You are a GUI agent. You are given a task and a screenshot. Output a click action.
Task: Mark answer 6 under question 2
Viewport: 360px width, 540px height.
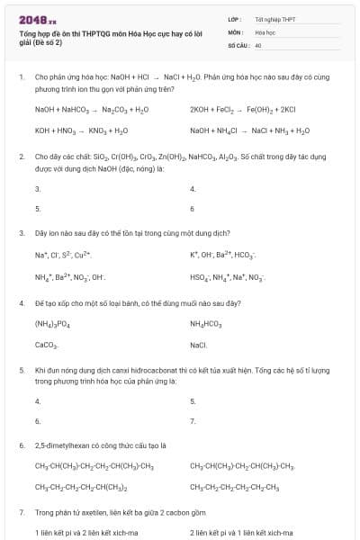(193, 209)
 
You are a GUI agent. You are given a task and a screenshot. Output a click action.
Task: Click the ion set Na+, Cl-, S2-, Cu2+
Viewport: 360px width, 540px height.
(58, 255)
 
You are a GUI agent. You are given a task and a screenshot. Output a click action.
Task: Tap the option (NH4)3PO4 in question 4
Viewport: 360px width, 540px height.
(52, 323)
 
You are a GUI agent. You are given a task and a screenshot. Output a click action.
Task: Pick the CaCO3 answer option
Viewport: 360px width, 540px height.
(47, 345)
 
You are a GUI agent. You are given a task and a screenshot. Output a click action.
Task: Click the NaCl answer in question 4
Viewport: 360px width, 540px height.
(199, 345)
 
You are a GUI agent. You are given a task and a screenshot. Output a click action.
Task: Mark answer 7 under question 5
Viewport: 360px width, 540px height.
(193, 420)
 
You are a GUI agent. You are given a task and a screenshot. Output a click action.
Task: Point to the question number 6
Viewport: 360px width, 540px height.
(21, 445)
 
